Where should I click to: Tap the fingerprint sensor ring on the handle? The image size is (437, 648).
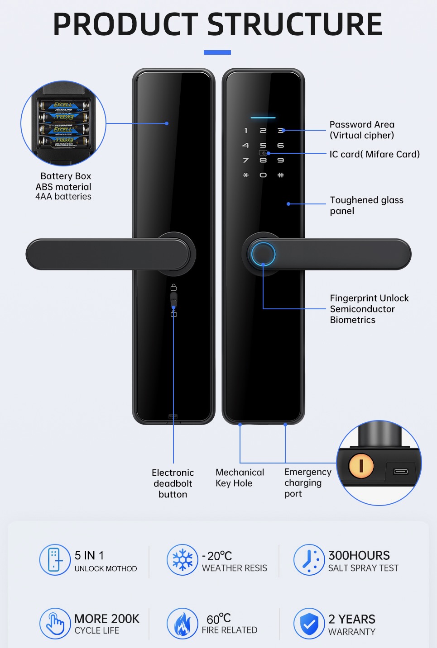(263, 254)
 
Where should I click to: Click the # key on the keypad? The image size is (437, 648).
(281, 175)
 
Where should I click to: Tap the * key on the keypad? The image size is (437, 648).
(246, 175)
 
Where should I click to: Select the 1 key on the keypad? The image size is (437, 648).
(246, 131)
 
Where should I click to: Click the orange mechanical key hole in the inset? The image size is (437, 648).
(361, 465)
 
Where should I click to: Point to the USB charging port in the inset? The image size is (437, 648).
(401, 472)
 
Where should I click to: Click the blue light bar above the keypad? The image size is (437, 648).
(263, 118)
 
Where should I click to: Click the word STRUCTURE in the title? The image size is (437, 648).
(295, 24)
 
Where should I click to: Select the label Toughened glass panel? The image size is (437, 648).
(366, 205)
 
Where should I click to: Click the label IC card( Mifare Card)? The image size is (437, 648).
(375, 154)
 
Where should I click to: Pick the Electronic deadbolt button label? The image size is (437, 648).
(173, 483)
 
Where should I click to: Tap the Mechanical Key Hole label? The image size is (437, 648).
(240, 478)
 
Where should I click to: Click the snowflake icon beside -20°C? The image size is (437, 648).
(182, 560)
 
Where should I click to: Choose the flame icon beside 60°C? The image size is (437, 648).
(182, 624)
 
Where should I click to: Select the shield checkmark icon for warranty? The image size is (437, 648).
(309, 624)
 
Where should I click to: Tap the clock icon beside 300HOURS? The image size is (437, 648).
(309, 560)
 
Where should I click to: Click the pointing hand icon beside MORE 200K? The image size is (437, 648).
(55, 624)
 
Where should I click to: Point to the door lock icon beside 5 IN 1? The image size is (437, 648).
(55, 560)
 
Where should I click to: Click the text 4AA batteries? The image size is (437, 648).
(63, 197)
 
